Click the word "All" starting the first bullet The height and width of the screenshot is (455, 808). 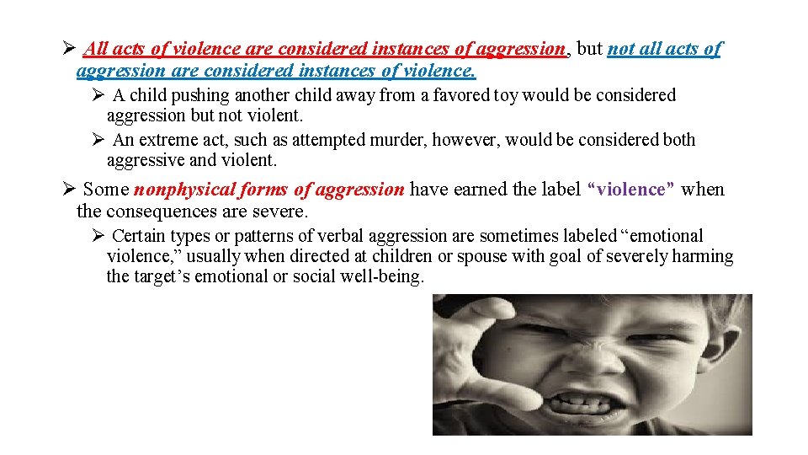pyautogui.click(x=95, y=49)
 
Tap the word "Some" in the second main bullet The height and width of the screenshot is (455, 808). pyautogui.click(x=105, y=190)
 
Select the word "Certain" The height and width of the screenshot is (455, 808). pyautogui.click(x=138, y=236)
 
